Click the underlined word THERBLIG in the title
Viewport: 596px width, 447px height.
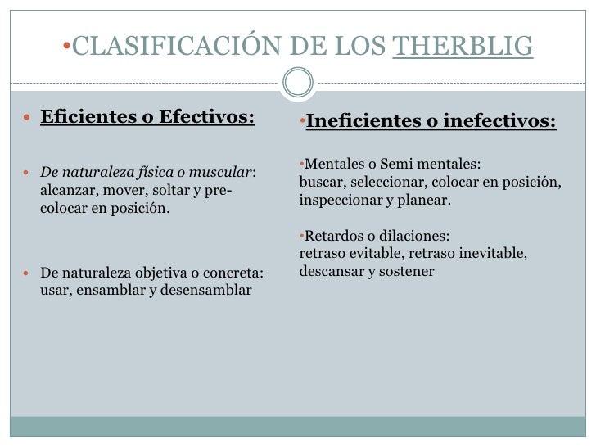point(463,47)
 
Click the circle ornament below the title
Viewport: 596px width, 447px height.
point(297,82)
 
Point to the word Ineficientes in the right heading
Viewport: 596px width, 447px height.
point(359,123)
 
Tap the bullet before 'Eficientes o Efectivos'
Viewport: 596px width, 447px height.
point(25,118)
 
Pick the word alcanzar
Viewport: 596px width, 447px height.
point(67,190)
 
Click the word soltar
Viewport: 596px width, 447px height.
point(168,190)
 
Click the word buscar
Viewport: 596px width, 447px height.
point(318,181)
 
